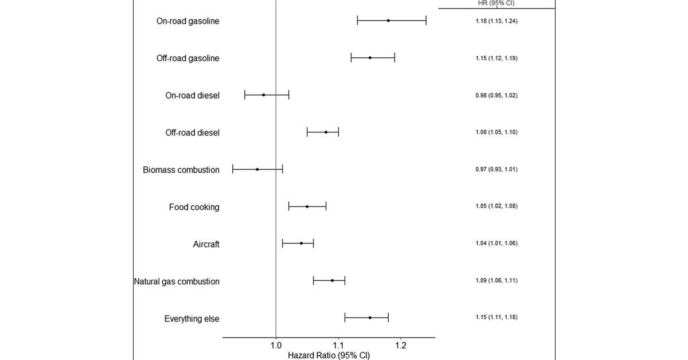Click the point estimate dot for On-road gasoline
(388, 21)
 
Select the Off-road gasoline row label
(187, 58)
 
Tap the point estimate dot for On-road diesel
(264, 95)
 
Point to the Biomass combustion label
(181, 170)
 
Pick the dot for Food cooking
(307, 206)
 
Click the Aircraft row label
(206, 244)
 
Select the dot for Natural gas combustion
(332, 280)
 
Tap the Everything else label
(191, 319)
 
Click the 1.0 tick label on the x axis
(276, 346)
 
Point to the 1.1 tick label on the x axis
(338, 346)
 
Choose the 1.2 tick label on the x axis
(400, 346)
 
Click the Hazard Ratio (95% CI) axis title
(329, 355)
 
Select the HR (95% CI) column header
(496, 3)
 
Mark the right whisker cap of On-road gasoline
(426, 21)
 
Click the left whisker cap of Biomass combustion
(233, 169)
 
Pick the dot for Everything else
(370, 318)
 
